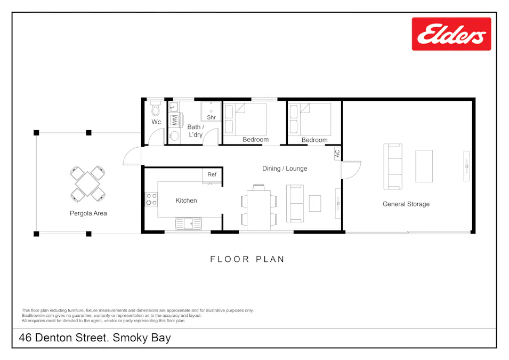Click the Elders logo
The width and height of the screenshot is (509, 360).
451,34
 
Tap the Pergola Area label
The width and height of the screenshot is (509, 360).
88,213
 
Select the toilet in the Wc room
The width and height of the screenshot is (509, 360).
156,109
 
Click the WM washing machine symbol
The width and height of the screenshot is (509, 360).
174,119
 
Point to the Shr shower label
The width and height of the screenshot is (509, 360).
211,117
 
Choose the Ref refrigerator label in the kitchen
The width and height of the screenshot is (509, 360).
212,174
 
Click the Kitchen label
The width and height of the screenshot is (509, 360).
186,201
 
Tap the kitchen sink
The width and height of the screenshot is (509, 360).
188,223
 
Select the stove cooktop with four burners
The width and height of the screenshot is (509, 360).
151,199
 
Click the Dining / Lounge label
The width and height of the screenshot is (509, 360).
285,169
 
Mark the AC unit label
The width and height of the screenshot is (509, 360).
337,153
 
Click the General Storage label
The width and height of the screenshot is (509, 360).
406,204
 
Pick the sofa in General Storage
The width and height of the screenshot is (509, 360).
394,166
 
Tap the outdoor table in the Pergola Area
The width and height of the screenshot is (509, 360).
87,183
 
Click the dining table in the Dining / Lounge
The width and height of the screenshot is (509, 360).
258,206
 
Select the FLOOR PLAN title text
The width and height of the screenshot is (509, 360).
247,259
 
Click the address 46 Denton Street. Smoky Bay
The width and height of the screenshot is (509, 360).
95,338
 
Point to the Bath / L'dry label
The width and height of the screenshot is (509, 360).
195,131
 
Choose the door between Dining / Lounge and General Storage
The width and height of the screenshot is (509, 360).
350,170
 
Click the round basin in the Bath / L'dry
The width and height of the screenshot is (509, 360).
174,135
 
